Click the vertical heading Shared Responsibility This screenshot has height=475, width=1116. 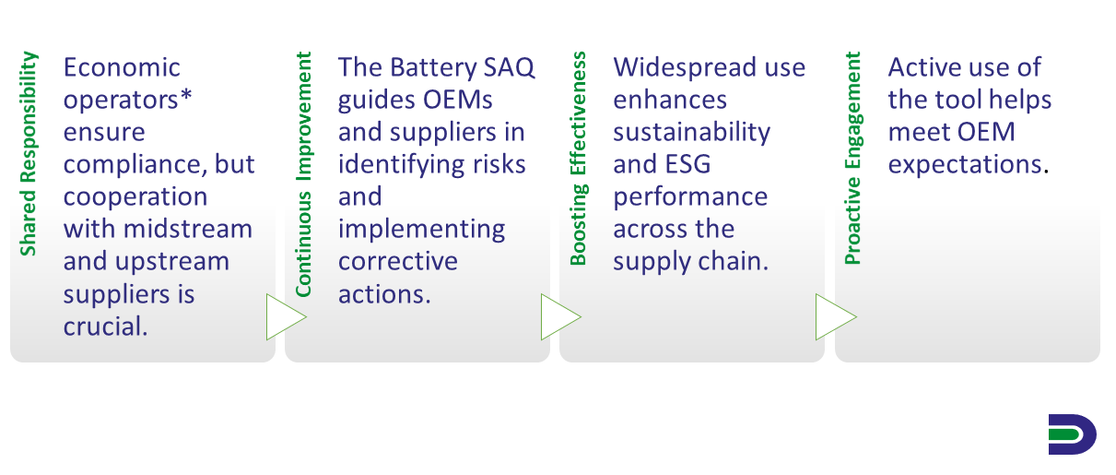pos(29,153)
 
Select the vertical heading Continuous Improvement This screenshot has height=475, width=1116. pos(303,174)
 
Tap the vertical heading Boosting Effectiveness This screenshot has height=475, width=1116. pos(579,158)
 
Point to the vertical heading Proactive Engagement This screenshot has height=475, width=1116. pos(853,158)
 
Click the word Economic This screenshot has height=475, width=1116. pos(122,67)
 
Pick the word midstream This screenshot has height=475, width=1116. pos(188,230)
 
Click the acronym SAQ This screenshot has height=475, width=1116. pos(510,67)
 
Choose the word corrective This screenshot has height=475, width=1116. pos(397,262)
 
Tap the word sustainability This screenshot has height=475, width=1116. pos(691,133)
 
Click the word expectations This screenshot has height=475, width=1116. pos(965,165)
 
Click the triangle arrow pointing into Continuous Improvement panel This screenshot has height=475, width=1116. pos(287,317)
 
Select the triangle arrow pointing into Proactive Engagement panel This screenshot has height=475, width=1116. pos(836,317)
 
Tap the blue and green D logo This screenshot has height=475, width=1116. pos(1071,434)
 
